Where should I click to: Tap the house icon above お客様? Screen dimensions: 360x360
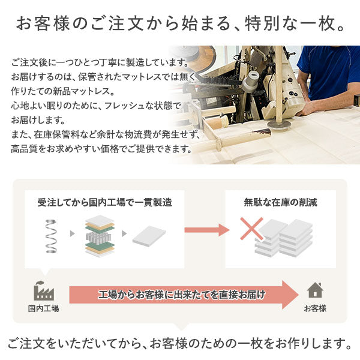(315, 290)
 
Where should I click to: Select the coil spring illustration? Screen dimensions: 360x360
(51, 236)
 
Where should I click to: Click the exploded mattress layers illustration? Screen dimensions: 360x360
(100, 236)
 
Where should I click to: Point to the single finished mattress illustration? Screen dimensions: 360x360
(149, 236)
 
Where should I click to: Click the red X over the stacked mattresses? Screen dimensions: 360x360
(251, 229)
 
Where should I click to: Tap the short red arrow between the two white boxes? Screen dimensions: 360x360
(207, 230)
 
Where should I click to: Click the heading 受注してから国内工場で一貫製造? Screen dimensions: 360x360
(104, 203)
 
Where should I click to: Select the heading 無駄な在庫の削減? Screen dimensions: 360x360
(280, 203)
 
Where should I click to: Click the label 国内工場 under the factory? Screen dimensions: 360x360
(44, 308)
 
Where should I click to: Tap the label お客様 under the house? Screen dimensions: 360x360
(315, 308)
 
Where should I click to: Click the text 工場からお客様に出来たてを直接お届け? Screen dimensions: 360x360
(182, 295)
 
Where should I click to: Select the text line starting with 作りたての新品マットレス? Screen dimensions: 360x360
(62, 91)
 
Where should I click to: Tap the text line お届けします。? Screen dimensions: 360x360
(38, 120)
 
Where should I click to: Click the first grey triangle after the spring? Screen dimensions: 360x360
(73, 234)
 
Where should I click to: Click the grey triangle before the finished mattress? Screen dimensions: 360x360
(124, 234)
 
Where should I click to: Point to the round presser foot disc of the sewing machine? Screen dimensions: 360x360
(279, 124)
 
